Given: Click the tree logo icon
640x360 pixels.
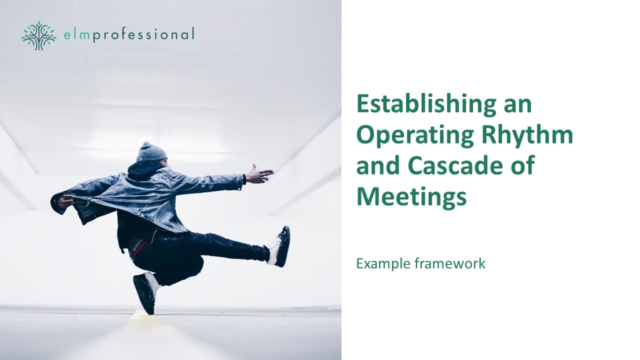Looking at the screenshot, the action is [39, 35].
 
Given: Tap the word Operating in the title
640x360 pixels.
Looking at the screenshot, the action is [414, 135].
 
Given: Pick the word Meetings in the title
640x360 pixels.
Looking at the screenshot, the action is [411, 197].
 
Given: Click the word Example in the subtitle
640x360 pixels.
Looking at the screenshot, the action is [383, 263].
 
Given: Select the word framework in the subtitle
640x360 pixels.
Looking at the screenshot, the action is [449, 263].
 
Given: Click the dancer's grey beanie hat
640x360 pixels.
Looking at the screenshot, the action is [151, 152].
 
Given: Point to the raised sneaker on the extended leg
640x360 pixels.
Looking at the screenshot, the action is [279, 246].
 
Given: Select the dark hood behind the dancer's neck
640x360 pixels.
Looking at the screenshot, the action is [143, 170].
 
